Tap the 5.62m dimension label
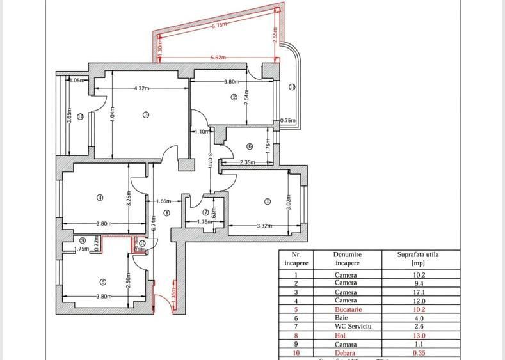219,58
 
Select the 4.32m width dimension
142,88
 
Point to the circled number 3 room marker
146,115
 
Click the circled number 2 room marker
234,97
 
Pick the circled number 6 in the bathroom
249,146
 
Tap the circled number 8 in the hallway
166,213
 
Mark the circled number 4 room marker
100,198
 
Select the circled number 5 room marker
101,282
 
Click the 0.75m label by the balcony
288,121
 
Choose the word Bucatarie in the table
348,309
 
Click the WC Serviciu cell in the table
348,326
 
